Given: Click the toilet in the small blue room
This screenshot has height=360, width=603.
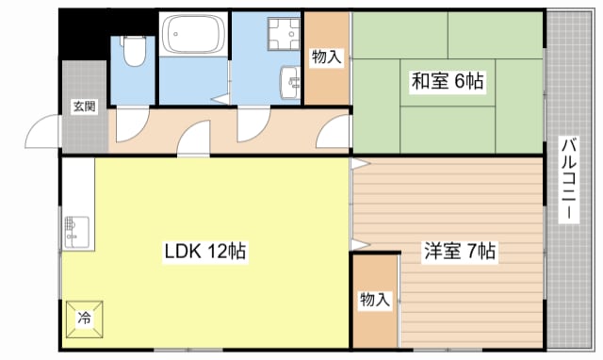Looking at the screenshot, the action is coord(134,51).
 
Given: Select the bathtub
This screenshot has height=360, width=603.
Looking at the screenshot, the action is coord(193,34).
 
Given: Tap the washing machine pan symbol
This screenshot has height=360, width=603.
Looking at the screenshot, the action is coord(285,34).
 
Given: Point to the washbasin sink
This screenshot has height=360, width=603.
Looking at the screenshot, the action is coord(290,83).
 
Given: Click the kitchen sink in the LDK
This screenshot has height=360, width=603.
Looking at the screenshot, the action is coord(77,233).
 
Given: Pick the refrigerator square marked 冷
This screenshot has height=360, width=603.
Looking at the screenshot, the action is coord(84,319).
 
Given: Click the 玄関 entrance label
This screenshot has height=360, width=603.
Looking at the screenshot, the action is coord(85,106).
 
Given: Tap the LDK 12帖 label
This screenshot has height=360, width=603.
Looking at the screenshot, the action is coord(205,252).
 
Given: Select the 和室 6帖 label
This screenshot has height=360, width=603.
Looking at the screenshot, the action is coord(448,81).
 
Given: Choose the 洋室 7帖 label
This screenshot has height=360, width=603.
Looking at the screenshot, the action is coord(460,251).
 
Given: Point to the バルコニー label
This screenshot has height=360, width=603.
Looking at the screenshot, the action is coord(569,179).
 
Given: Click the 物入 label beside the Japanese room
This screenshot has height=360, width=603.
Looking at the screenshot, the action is coord(327,57).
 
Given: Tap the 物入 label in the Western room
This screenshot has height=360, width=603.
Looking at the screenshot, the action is coord(375,300).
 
